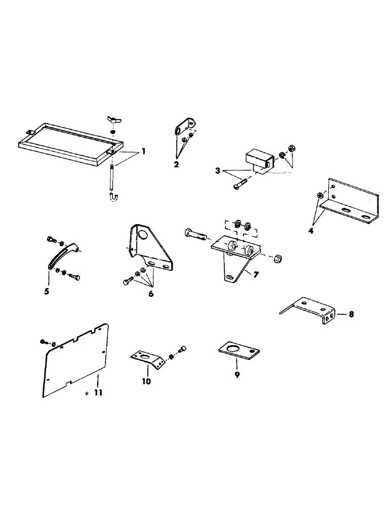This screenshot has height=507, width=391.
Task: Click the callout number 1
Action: [144, 152]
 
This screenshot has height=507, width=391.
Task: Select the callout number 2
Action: [176, 164]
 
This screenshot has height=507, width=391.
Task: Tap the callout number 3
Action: [217, 170]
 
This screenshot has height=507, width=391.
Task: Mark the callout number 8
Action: [351, 314]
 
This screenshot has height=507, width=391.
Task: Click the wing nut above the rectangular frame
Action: [112, 121]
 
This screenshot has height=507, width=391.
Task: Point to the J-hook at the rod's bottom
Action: [113, 195]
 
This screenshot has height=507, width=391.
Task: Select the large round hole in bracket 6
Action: [144, 235]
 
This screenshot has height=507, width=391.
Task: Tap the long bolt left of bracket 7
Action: [195, 235]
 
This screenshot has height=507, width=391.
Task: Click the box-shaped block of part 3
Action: [257, 157]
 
